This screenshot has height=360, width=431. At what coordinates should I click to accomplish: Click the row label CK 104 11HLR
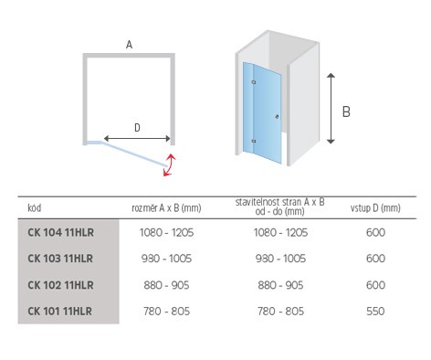[60, 233]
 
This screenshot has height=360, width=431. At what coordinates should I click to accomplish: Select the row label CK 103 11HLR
[60, 259]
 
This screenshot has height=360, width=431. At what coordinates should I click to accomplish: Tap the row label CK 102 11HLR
[60, 285]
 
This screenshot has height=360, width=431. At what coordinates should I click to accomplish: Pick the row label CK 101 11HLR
[59, 312]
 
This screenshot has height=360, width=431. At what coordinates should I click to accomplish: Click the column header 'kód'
[35, 208]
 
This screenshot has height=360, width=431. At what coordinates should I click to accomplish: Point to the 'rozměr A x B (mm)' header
[166, 208]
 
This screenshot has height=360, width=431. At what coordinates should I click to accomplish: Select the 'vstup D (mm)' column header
[375, 208]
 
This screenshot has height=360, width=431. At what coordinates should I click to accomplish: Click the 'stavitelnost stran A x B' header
[280, 202]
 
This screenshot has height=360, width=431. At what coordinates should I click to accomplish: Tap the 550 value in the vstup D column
[375, 312]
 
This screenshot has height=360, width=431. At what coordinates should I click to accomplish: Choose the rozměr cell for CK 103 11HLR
[166, 259]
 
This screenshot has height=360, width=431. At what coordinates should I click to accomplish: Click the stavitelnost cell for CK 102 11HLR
[280, 285]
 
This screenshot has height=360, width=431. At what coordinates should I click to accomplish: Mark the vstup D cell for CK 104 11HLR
[375, 233]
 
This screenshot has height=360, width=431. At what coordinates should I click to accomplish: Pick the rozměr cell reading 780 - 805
[166, 312]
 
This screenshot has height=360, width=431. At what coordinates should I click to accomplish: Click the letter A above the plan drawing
[129, 45]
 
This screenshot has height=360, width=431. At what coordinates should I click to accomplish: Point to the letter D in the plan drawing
[137, 128]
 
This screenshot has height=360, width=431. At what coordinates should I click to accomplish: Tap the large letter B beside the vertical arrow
[346, 111]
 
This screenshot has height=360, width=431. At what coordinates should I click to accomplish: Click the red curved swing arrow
[171, 164]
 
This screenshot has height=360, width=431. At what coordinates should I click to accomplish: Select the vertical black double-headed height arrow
[331, 109]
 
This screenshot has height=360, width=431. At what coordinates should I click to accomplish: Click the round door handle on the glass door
[277, 116]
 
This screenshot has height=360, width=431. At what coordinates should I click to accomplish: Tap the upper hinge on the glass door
[254, 82]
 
